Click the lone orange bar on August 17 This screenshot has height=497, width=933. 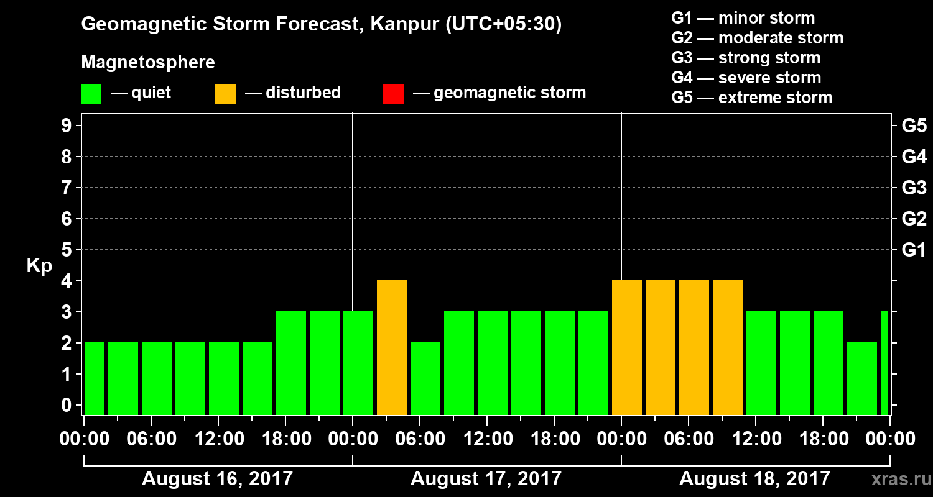(x=392, y=347)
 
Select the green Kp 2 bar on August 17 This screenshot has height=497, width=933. (x=425, y=378)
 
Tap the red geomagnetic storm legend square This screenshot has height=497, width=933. (x=393, y=93)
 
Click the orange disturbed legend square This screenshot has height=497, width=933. (x=225, y=93)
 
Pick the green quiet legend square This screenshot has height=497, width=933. (x=91, y=93)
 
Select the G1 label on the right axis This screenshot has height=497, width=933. (x=914, y=250)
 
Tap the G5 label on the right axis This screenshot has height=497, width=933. (x=914, y=126)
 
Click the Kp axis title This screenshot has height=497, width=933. (x=39, y=266)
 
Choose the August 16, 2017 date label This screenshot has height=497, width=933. (x=217, y=479)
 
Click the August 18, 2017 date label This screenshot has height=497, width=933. (x=754, y=479)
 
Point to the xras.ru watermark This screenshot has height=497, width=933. (x=898, y=480)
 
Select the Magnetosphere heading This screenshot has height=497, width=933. (x=148, y=63)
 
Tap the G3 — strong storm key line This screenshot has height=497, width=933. (x=746, y=58)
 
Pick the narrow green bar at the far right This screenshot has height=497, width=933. (x=884, y=363)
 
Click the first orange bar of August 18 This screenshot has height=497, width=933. (x=627, y=347)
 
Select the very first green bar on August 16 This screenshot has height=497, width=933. (x=95, y=378)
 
